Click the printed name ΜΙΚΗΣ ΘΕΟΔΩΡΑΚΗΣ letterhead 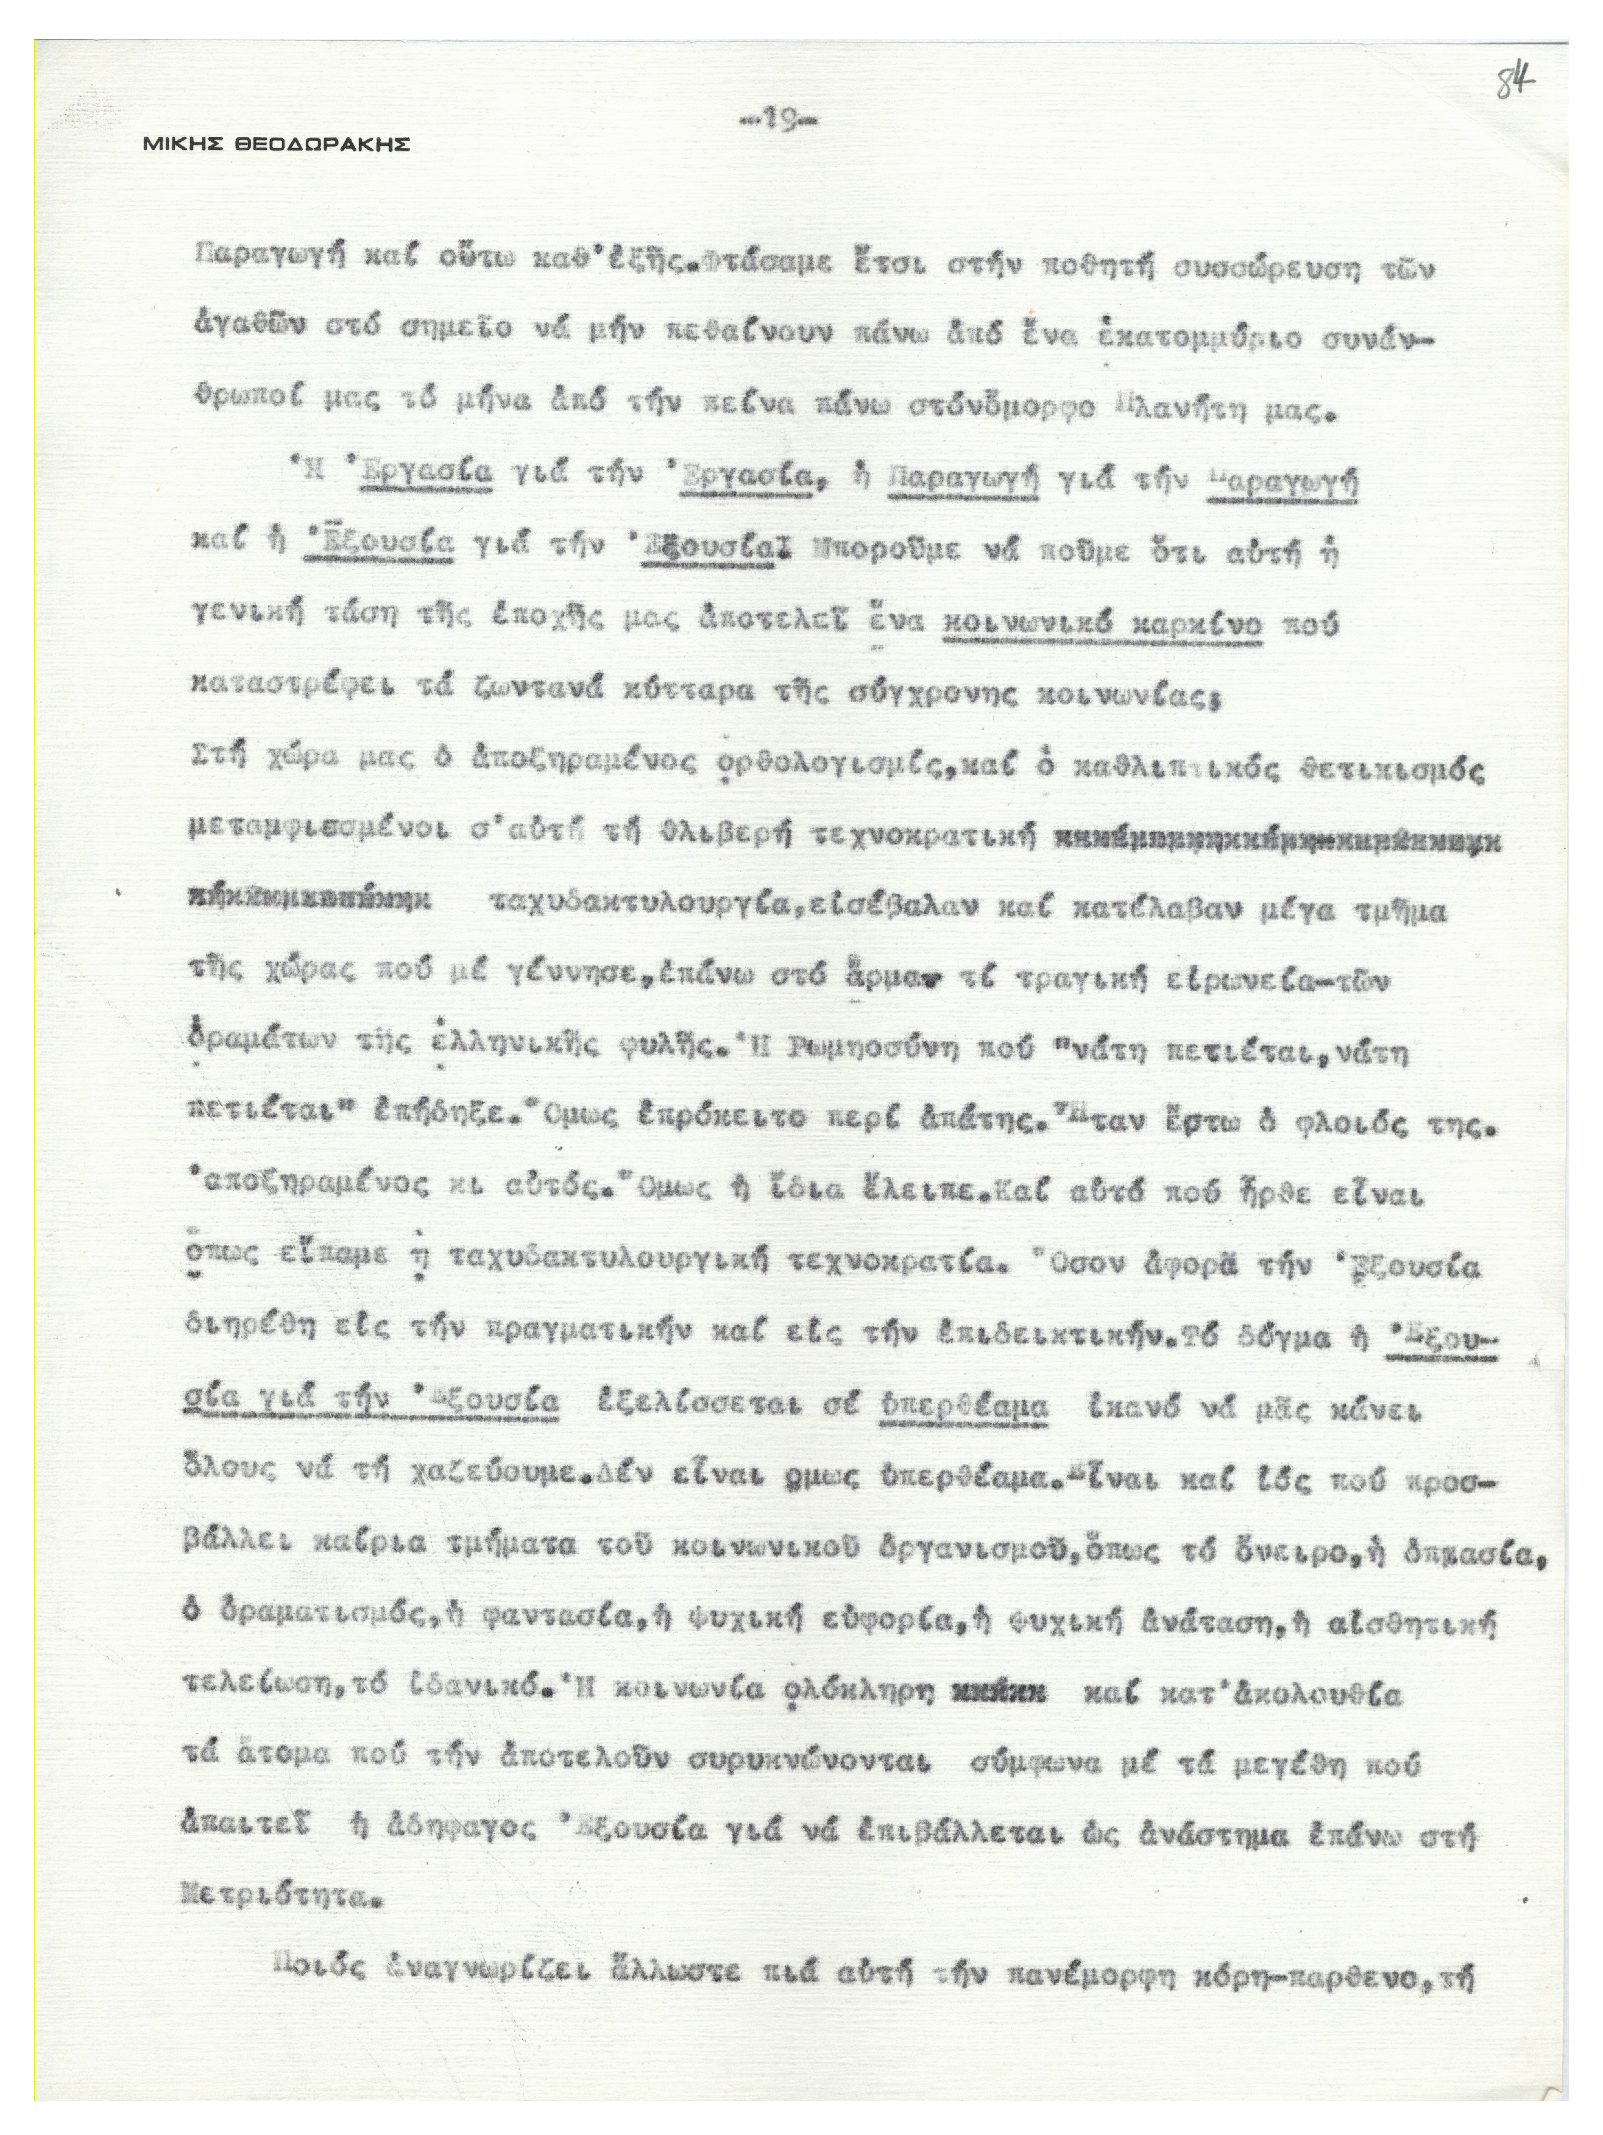(x=276, y=145)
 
